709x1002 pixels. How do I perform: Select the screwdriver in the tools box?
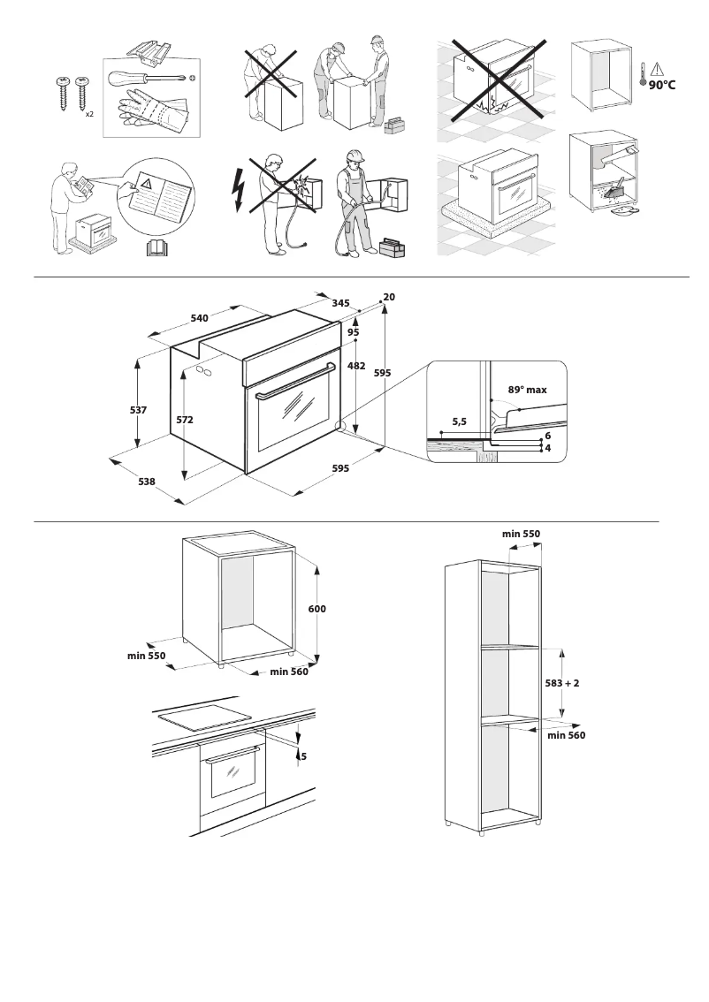[146, 79]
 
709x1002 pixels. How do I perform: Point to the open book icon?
[156, 248]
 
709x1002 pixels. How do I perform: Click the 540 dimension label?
[199, 317]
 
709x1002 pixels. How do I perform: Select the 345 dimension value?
[340, 303]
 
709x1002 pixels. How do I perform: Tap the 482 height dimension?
[357, 365]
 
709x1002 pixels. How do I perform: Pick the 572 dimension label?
[185, 421]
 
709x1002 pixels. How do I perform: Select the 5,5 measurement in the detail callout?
[459, 422]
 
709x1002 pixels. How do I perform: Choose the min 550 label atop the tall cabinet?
[521, 534]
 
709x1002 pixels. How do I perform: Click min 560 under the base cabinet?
[289, 672]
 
